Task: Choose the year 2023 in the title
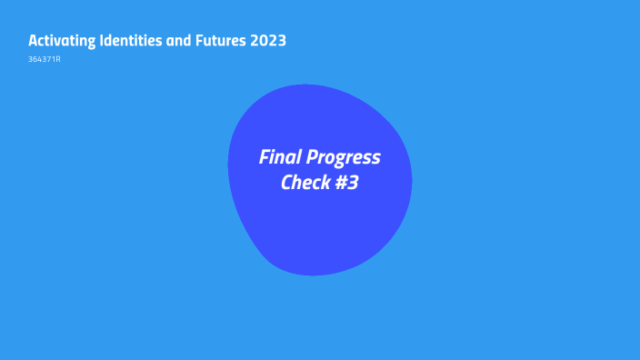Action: [270, 41]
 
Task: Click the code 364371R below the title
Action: [45, 60]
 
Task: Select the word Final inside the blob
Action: [280, 157]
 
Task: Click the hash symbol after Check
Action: [342, 183]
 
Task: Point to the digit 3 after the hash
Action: [354, 183]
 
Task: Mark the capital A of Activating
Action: [34, 41]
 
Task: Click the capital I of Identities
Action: [102, 41]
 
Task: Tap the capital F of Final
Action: [265, 157]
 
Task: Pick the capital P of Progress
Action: [311, 157]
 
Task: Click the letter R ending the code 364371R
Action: [58, 60]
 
